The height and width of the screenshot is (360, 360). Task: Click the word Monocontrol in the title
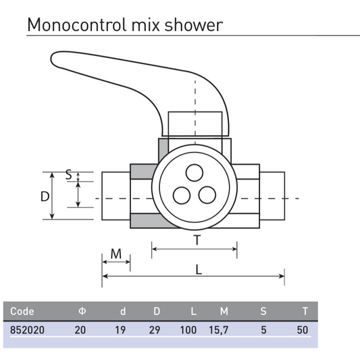tap(77, 24)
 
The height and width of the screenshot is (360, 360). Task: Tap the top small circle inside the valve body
tap(195, 173)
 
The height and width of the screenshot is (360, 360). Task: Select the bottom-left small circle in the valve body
tap(182, 195)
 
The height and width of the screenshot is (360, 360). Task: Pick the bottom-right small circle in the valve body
tap(207, 195)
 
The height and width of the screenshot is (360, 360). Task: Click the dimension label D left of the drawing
tap(45, 197)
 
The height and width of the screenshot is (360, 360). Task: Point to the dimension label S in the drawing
tap(69, 174)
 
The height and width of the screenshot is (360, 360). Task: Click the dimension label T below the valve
tap(197, 240)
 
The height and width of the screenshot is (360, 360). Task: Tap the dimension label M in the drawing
tap(116, 254)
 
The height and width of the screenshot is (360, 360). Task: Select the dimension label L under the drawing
tap(199, 269)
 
